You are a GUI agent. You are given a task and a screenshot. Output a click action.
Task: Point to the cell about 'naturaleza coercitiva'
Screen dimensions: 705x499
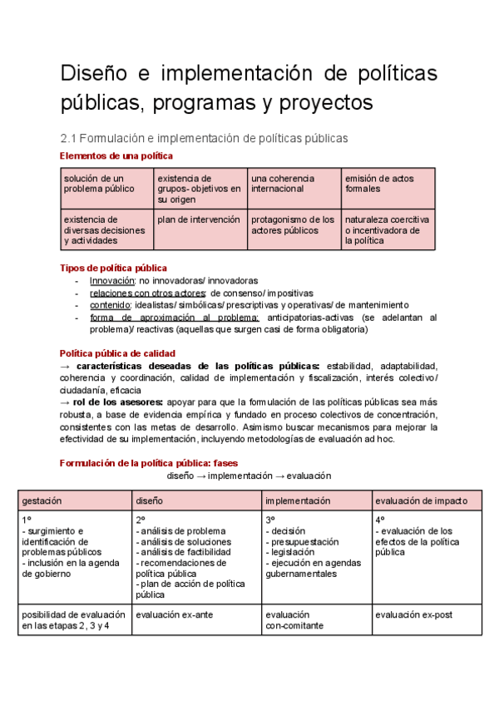[x=387, y=229]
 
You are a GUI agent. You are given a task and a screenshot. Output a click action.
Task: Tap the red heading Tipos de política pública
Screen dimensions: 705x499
[x=114, y=268]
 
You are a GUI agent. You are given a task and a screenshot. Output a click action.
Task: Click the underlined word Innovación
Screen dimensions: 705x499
[x=112, y=281]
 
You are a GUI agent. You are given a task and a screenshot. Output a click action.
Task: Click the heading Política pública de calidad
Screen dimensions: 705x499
[x=117, y=352]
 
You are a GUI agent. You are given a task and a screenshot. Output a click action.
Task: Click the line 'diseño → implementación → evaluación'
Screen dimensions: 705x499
[x=249, y=476]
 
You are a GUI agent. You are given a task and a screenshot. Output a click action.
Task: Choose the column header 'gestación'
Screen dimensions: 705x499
[x=42, y=501]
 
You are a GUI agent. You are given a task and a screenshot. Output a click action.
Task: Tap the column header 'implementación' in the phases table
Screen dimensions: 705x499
[x=298, y=501]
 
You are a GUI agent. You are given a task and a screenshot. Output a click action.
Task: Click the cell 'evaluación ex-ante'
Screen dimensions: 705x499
[x=172, y=614]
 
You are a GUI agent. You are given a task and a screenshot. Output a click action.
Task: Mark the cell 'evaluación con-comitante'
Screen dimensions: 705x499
[x=294, y=619]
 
